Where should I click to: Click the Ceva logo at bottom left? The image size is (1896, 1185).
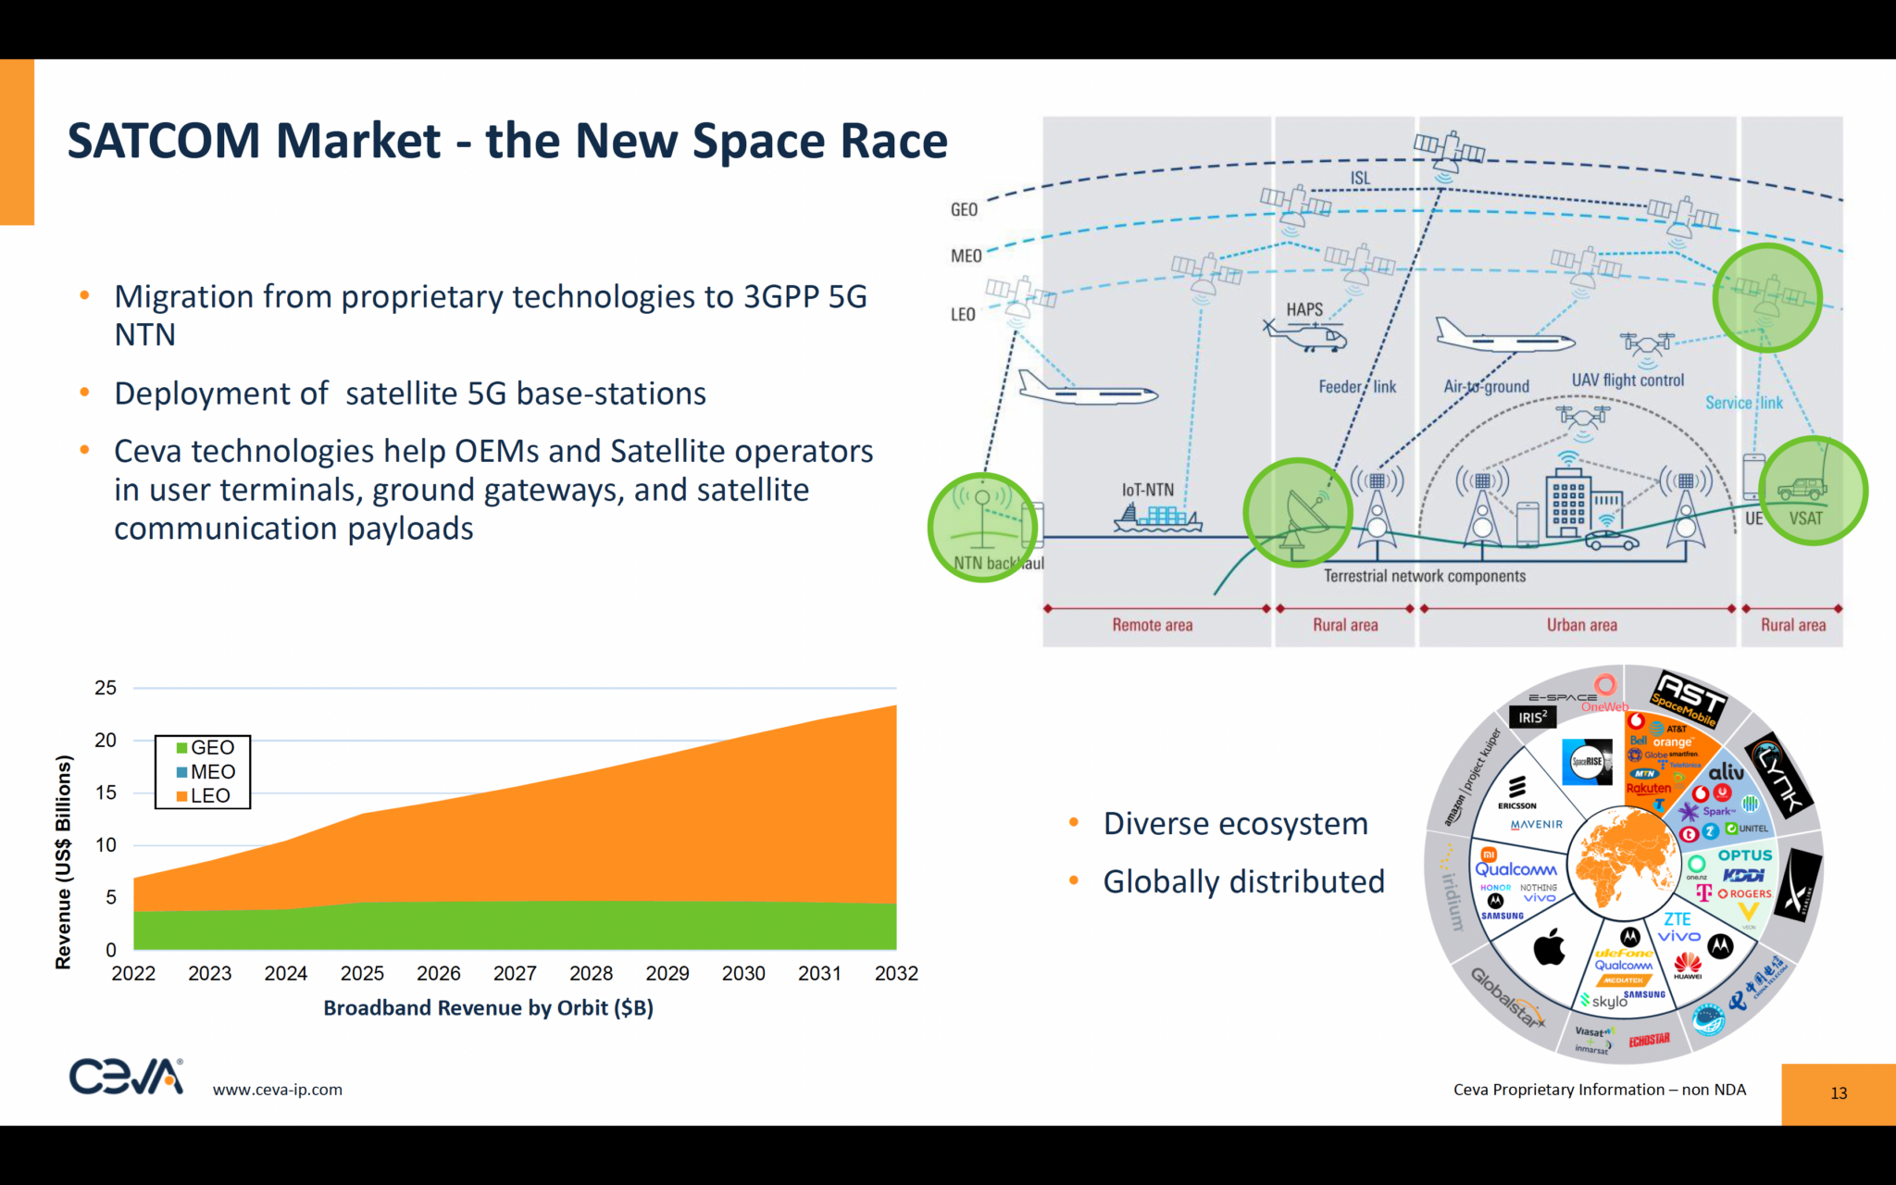[x=127, y=1077]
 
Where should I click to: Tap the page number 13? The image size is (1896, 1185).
[x=1839, y=1093]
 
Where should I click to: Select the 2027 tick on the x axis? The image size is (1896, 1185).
[x=515, y=974]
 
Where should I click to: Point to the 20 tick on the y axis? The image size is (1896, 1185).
[x=106, y=741]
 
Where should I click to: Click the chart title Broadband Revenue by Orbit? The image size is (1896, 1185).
[x=488, y=1008]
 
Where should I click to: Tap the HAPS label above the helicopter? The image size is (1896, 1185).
[x=1304, y=310]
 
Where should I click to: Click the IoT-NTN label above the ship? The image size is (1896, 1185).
[x=1147, y=490]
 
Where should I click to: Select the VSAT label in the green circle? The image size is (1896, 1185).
[x=1805, y=518]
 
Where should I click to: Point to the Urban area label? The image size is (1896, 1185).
[x=1581, y=626]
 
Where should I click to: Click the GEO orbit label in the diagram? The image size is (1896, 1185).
[x=964, y=210]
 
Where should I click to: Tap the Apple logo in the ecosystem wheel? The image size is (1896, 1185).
[x=1549, y=948]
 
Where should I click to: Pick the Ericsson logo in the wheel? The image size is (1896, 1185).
[x=1516, y=792]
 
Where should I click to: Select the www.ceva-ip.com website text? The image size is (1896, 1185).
[x=277, y=1091]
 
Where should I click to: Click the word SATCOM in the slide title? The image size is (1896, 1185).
[x=164, y=142]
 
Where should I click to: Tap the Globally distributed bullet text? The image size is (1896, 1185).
[x=1243, y=882]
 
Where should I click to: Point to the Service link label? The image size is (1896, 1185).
[x=1743, y=404]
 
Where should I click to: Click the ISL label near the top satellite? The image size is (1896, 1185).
[x=1359, y=179]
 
